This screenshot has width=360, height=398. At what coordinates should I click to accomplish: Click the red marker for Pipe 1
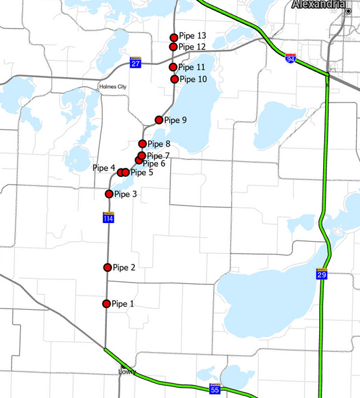tap(107, 303)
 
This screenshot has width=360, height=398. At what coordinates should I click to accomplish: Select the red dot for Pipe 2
tap(107, 267)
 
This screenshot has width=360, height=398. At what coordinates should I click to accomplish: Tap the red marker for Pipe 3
tap(109, 194)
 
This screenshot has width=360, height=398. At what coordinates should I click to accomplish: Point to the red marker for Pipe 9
tap(159, 120)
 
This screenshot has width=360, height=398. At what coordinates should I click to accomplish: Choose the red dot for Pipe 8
tap(142, 144)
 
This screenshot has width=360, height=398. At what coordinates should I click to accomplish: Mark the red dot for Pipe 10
tap(174, 79)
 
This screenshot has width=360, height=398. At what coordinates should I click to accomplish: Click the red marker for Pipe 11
tap(173, 67)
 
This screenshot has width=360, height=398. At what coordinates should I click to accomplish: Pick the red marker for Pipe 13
tap(174, 38)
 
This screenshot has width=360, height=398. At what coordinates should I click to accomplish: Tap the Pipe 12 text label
tap(192, 47)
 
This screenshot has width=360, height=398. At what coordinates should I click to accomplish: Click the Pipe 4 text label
tap(104, 168)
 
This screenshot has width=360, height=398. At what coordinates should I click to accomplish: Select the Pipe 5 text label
tap(142, 172)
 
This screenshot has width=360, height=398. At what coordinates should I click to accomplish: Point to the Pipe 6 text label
tap(153, 163)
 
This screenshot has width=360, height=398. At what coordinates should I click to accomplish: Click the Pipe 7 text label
tap(158, 156)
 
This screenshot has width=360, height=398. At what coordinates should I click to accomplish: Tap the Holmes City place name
tap(113, 86)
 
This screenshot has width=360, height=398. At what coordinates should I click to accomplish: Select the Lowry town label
tap(127, 372)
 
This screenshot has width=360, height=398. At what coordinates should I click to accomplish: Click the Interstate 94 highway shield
tap(291, 59)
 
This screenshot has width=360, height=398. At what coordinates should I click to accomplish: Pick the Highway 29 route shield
tap(322, 274)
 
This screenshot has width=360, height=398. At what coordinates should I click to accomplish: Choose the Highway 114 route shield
tap(108, 218)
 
